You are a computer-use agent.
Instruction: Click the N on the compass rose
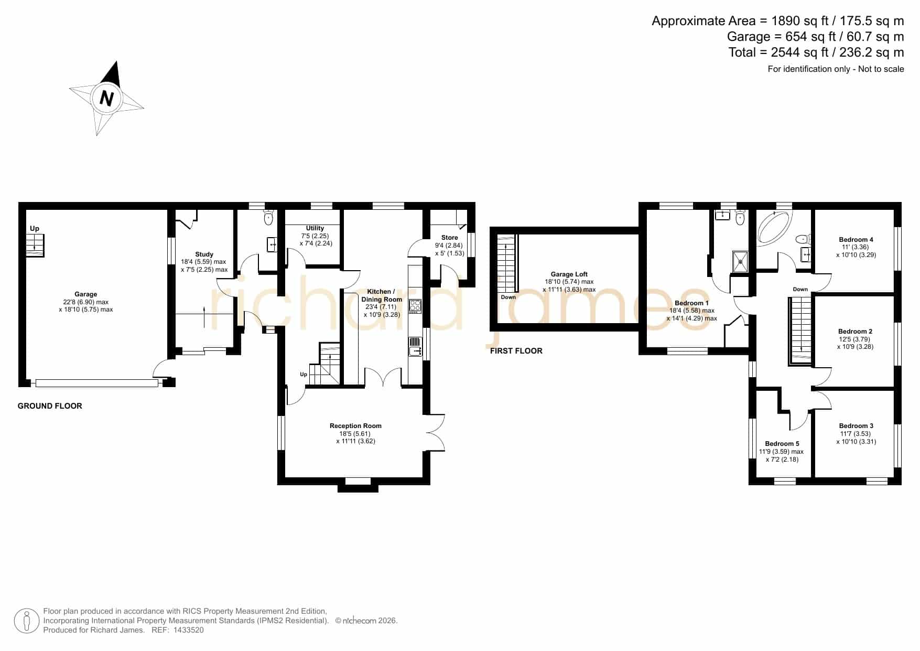coord(106,98)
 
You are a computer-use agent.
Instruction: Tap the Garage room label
coord(85,294)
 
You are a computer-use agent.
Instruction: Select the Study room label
coord(204,254)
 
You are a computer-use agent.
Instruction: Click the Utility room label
coord(315,228)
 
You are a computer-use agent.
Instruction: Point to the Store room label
coord(449,238)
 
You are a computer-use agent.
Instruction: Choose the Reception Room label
coord(355,426)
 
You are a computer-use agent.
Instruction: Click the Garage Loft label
coord(569,274)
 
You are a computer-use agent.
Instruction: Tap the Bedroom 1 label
coord(691,303)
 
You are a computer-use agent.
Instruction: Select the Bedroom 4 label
coord(856,240)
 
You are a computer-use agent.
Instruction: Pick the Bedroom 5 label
coord(782,444)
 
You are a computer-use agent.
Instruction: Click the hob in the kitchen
coord(415,305)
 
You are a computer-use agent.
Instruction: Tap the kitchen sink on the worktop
coord(415,347)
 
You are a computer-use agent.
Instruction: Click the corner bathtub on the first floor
coord(775,227)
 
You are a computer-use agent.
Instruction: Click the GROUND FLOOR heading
coord(50,406)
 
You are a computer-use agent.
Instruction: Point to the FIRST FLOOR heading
coord(516,351)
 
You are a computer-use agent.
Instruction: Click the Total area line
coord(816,52)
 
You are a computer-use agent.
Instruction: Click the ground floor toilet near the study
coord(269,217)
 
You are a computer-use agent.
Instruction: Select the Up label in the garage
coord(35,229)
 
